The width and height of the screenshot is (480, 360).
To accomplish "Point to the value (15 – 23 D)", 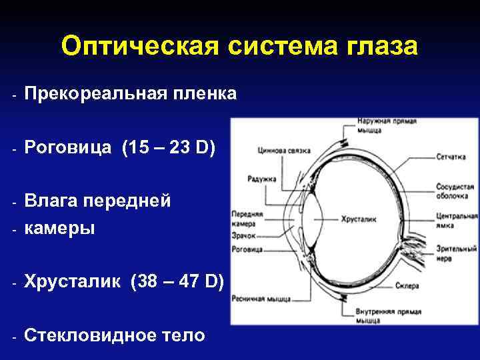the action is click(169, 148).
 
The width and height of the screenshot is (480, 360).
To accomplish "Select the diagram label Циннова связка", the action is click(283, 151).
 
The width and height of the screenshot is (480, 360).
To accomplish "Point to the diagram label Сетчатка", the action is click(451, 159).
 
